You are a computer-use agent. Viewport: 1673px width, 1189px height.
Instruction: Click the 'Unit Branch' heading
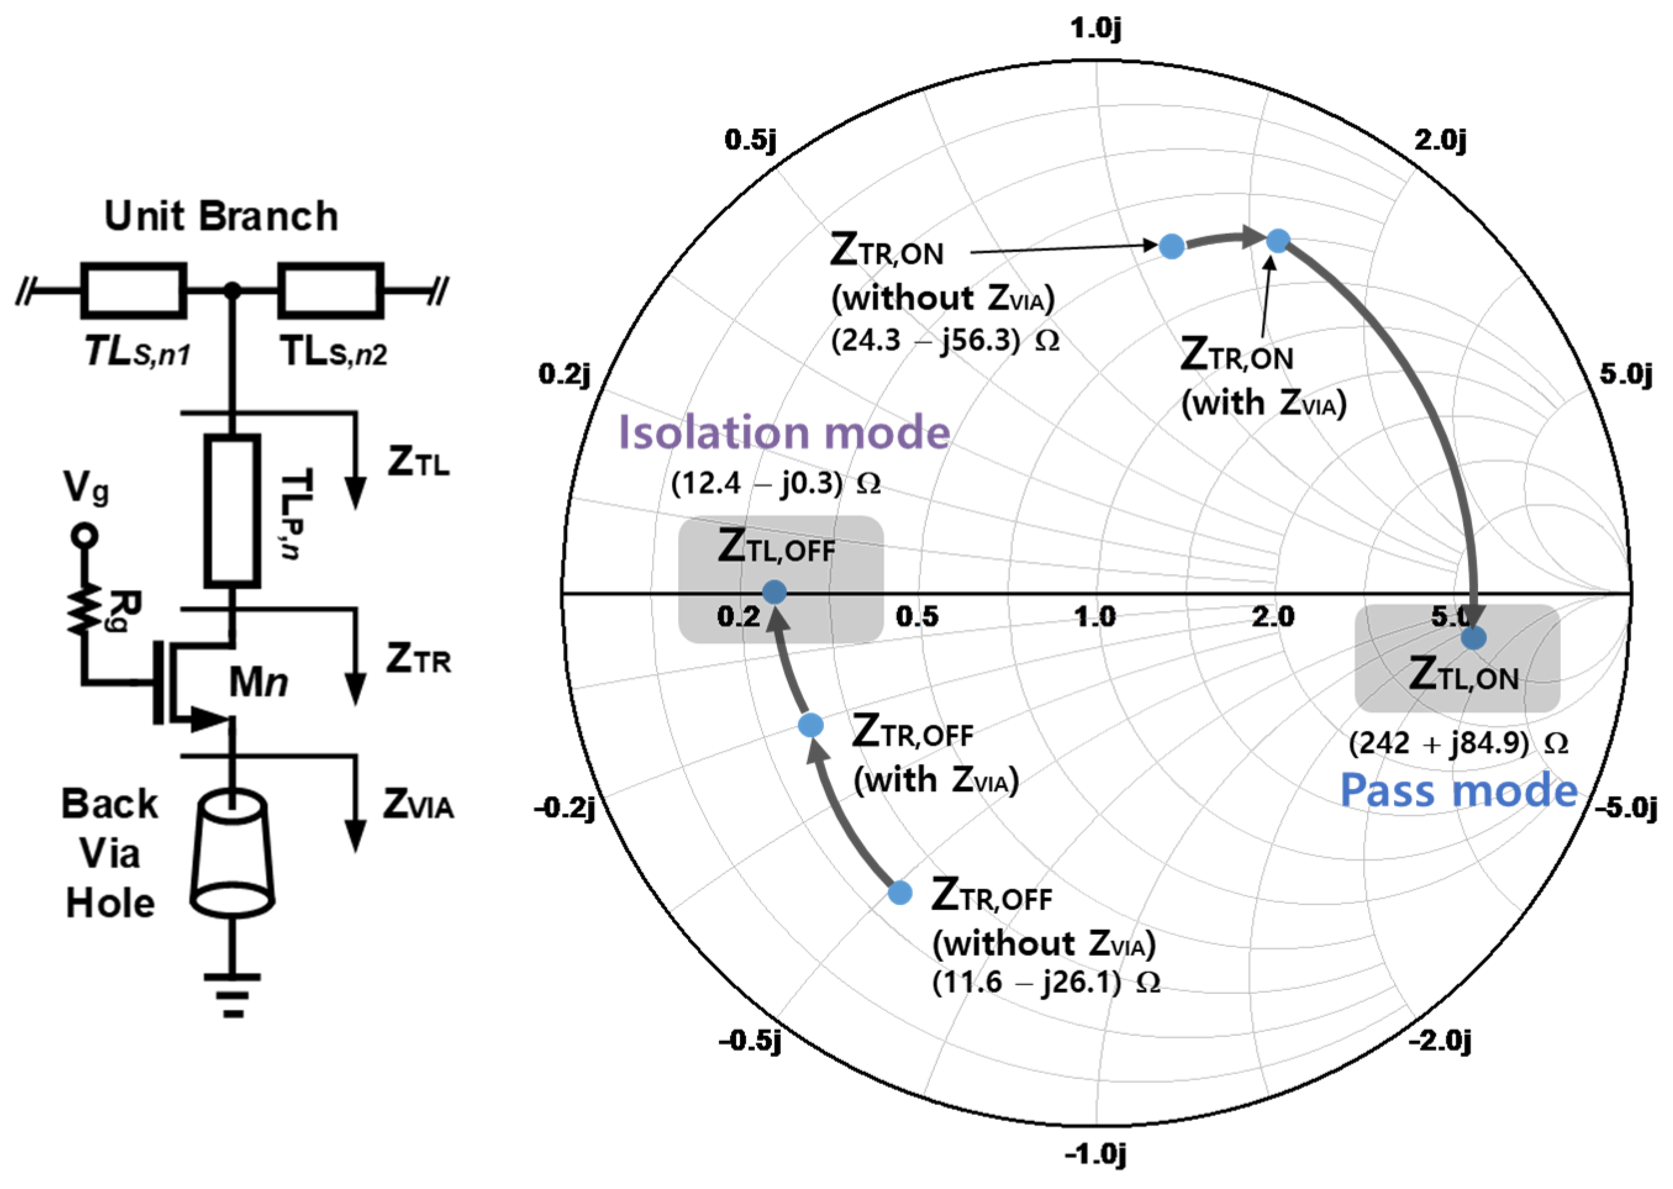click(x=221, y=216)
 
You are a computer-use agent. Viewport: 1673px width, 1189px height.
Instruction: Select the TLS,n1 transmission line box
click(x=134, y=291)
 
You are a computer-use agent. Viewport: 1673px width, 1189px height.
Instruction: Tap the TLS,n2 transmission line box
click(x=331, y=291)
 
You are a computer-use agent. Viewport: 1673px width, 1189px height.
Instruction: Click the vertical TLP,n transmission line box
click(x=232, y=510)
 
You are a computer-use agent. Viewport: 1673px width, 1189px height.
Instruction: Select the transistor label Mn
click(x=258, y=682)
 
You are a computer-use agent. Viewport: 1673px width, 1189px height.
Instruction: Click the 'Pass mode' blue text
click(x=1458, y=791)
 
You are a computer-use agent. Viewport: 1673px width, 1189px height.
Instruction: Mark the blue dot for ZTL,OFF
click(x=774, y=592)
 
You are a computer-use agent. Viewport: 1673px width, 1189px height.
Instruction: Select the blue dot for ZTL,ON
click(x=1473, y=638)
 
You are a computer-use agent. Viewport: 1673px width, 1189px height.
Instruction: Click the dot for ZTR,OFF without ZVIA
click(x=900, y=892)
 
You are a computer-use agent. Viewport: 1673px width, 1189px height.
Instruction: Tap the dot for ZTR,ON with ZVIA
click(x=1277, y=240)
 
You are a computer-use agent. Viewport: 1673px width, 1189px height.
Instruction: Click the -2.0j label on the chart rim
click(x=1440, y=1040)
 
